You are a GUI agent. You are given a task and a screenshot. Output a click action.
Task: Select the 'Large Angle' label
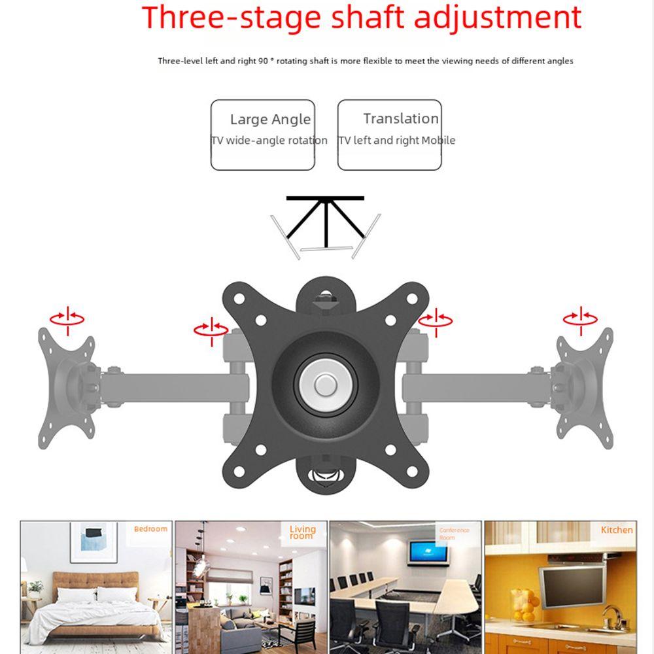click(270, 120)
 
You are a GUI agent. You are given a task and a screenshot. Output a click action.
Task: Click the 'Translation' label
click(401, 118)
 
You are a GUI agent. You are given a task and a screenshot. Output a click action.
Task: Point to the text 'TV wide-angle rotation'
click(269, 140)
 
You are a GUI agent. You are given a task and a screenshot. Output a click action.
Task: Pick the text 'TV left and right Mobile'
click(396, 140)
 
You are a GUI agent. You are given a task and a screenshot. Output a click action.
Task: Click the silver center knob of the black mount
click(325, 385)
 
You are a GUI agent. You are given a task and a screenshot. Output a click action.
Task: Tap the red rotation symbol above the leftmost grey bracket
click(68, 318)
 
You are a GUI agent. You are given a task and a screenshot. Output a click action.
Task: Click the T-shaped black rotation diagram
click(325, 219)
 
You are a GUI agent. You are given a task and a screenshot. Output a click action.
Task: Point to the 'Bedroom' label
click(150, 528)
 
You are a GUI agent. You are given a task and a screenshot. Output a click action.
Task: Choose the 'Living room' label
click(302, 532)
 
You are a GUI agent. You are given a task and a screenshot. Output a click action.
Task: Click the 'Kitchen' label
click(617, 530)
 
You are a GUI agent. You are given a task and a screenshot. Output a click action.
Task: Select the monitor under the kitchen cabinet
click(570, 584)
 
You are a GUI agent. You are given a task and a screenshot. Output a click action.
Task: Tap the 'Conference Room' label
click(455, 534)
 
